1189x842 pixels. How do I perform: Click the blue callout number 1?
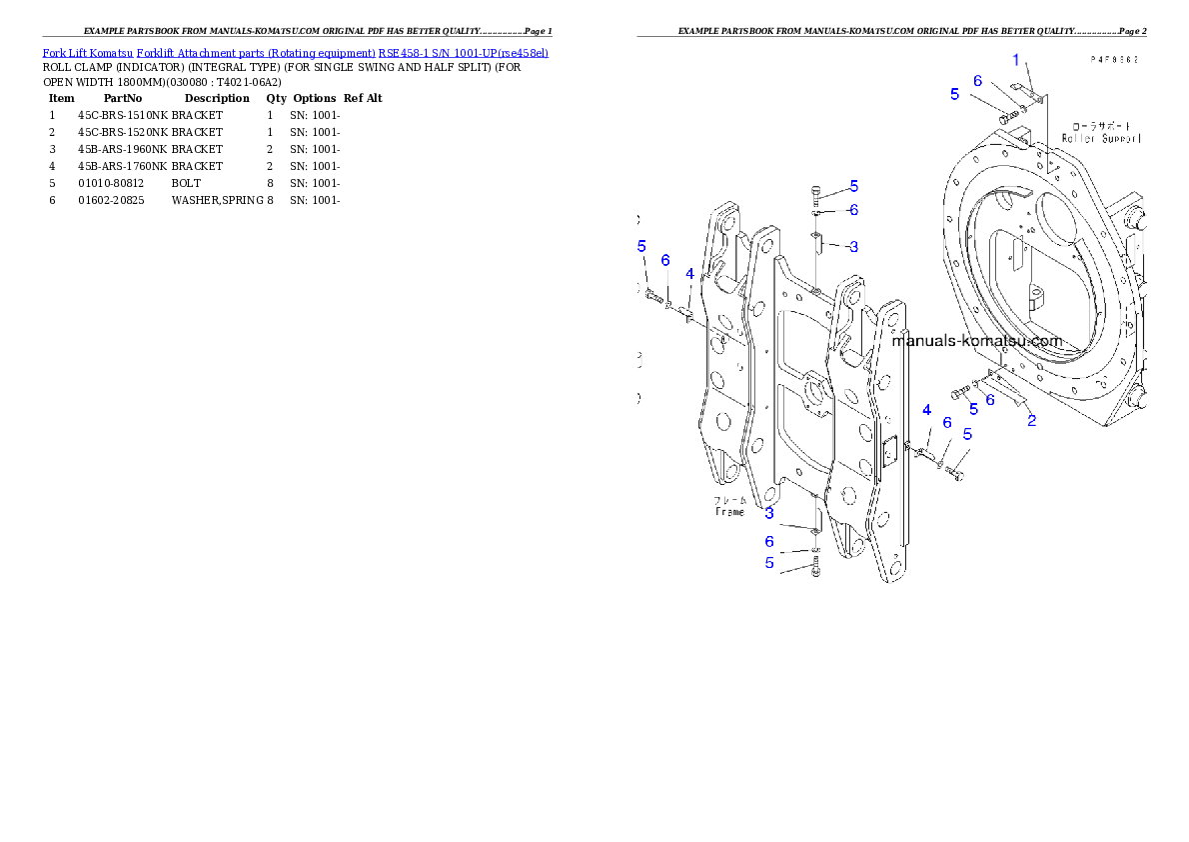(x=1016, y=60)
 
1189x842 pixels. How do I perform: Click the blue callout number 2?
(x=1032, y=421)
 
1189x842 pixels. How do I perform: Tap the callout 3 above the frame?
(x=853, y=246)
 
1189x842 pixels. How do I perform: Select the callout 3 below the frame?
(x=769, y=513)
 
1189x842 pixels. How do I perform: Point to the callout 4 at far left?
(x=689, y=273)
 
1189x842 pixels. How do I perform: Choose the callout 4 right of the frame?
(x=927, y=410)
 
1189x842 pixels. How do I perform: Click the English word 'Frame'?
(x=730, y=511)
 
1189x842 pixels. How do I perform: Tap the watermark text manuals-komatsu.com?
(x=976, y=341)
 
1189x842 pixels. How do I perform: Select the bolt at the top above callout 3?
(x=817, y=193)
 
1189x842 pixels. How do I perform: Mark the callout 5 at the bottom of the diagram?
(x=769, y=563)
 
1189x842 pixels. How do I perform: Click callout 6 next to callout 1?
(x=978, y=81)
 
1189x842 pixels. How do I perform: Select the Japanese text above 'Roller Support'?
(x=1097, y=126)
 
